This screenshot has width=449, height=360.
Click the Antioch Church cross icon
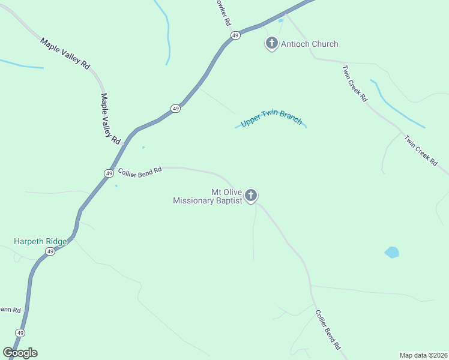[271, 43]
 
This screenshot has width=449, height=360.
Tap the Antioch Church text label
[309, 44]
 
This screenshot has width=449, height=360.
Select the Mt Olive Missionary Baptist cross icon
[251, 195]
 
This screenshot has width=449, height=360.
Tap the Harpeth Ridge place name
[40, 241]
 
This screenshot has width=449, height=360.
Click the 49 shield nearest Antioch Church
[235, 35]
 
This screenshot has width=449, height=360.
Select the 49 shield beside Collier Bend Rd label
[109, 173]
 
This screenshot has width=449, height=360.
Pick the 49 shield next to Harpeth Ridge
[50, 251]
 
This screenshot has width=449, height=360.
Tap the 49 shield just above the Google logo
[20, 333]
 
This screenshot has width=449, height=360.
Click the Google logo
[20, 352]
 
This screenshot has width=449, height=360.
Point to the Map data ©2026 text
[423, 355]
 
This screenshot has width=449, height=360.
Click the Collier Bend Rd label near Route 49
[140, 171]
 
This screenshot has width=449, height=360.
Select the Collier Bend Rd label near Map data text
[328, 329]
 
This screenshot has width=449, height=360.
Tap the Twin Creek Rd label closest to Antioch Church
[354, 83]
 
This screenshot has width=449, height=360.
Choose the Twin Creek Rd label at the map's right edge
[421, 151]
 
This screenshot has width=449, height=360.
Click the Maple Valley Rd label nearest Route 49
[110, 118]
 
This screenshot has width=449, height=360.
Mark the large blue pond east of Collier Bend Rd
[391, 252]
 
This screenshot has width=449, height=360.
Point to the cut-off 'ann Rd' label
[10, 310]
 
